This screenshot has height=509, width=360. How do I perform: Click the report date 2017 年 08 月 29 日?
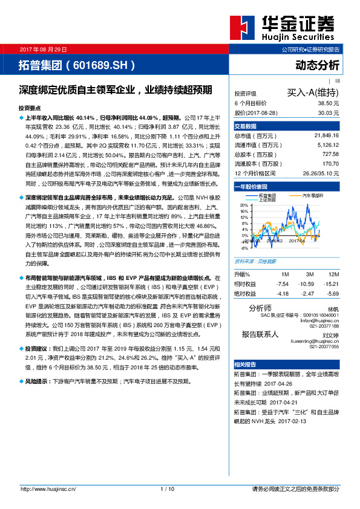[44, 48]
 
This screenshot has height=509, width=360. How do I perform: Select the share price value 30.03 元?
[327, 112]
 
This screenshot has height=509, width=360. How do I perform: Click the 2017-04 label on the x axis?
[296, 240]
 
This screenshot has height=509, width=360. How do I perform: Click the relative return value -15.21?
[330, 283]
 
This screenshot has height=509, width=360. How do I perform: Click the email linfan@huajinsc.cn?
[319, 320]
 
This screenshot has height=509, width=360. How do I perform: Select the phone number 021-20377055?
[324, 347]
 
